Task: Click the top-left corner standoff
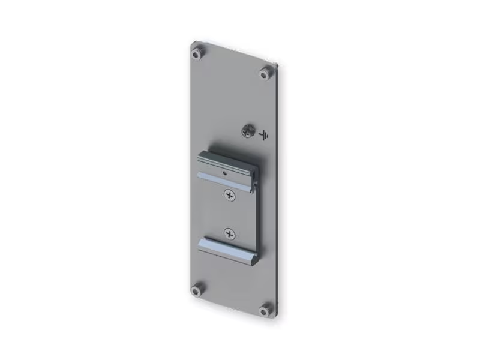coord(196,54)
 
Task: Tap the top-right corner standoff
coord(265,73)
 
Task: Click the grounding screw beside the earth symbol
coord(247,130)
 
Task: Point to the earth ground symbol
coord(263,134)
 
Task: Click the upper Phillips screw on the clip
coord(229,194)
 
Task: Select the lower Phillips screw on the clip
coord(229,233)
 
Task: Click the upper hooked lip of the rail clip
coord(225,161)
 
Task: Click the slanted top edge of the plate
coord(234,53)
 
